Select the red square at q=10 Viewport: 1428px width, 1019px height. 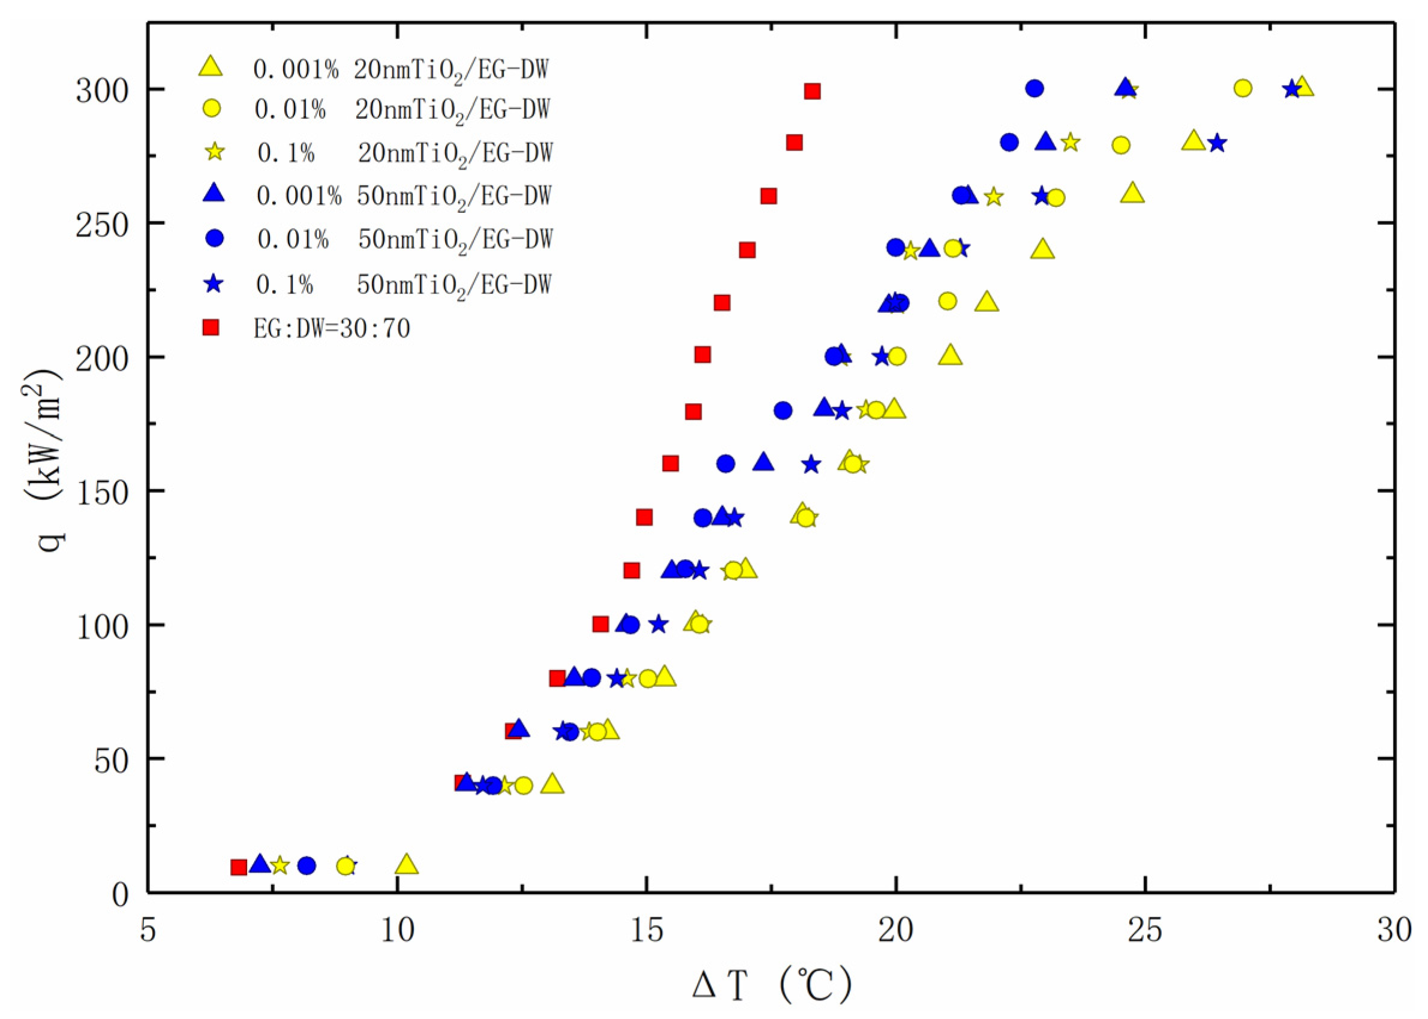[x=239, y=867]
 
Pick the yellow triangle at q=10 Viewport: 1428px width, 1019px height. [x=407, y=864]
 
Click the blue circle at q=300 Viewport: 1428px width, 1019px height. [x=1035, y=89]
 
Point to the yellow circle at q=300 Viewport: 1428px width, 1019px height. [x=1242, y=89]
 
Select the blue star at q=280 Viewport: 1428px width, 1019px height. [x=1217, y=143]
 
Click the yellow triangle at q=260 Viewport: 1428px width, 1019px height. [x=1132, y=194]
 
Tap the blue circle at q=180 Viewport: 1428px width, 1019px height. [x=783, y=411]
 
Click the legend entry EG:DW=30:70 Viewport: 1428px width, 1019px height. [x=332, y=328]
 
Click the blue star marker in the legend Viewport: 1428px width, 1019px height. [x=214, y=284]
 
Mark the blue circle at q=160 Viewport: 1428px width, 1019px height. [x=726, y=465]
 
